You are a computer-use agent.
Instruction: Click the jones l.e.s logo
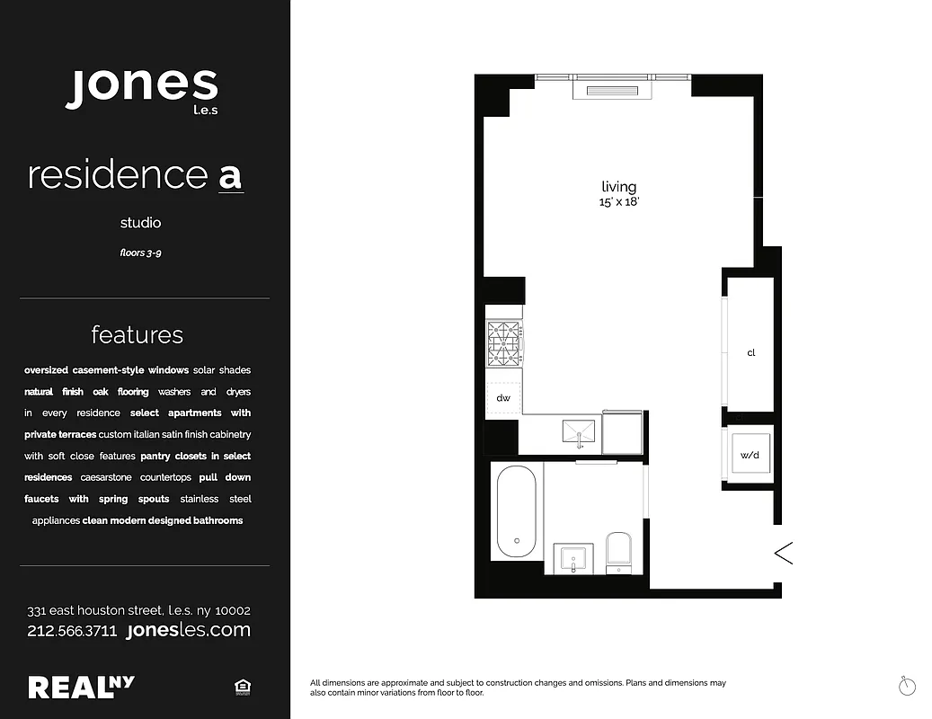pos(142,88)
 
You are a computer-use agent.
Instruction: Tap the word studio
pos(141,222)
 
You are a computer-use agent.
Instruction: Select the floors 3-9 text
pos(141,253)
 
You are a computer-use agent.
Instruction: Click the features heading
pos(137,335)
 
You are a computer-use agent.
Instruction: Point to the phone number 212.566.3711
pos(72,631)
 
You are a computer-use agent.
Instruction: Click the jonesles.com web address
pos(189,630)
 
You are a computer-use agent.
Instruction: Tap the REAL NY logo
pos(81,687)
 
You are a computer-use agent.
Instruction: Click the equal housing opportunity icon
pos(241,688)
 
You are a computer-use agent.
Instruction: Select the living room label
pos(618,187)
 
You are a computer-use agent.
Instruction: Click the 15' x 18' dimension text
pos(618,202)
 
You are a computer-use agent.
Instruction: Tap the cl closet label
pos(751,352)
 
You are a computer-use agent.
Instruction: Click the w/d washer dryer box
pos(750,455)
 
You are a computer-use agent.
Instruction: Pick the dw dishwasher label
pos(502,398)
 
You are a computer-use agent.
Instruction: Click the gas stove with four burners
pos(504,345)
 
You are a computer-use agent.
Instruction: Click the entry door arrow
pos(783,553)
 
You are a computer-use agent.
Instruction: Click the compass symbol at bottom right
pos(907,686)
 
